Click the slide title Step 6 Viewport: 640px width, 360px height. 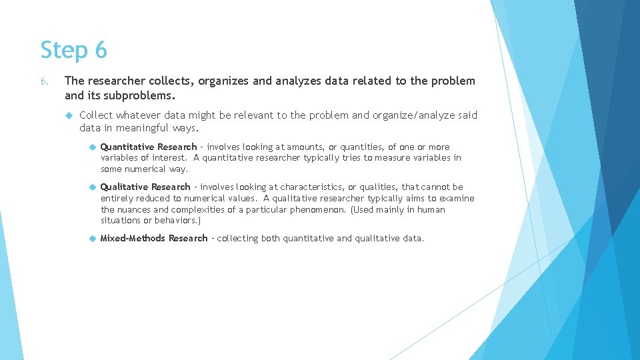(x=73, y=50)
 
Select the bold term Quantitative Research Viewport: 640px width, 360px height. (x=148, y=147)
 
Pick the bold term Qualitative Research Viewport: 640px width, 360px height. (x=145, y=187)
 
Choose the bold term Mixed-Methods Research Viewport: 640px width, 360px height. (x=153, y=238)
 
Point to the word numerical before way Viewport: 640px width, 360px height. (x=145, y=169)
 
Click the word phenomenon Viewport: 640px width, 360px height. (x=321, y=209)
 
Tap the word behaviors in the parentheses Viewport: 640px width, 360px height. (x=177, y=221)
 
